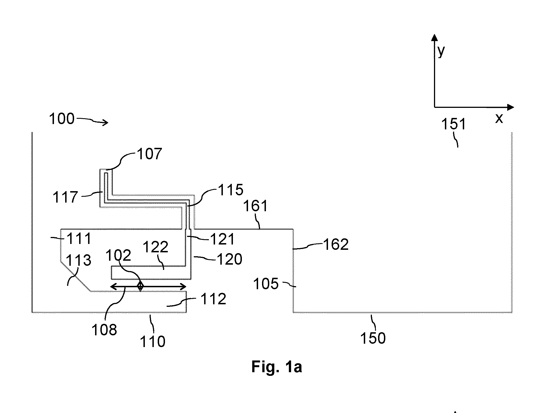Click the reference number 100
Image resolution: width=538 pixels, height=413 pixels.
click(62, 119)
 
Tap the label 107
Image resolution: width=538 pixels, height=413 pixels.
click(149, 154)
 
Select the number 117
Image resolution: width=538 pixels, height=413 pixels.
click(65, 197)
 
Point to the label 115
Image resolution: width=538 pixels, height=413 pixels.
click(231, 190)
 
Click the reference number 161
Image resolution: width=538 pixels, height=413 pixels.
click(256, 206)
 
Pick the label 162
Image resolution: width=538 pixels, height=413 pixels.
click(336, 245)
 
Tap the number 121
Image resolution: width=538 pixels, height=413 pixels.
click(223, 239)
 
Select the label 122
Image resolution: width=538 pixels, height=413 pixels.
click(155, 247)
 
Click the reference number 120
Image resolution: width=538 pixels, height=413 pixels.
click(230, 259)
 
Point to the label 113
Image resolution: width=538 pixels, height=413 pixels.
click(79, 260)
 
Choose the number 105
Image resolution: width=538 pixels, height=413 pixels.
click(266, 284)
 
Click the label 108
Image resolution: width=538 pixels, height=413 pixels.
click(104, 330)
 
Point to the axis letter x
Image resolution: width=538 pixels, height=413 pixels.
click(499, 118)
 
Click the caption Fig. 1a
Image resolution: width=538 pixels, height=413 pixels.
click(277, 367)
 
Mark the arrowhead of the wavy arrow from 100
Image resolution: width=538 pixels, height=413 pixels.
click(106, 122)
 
